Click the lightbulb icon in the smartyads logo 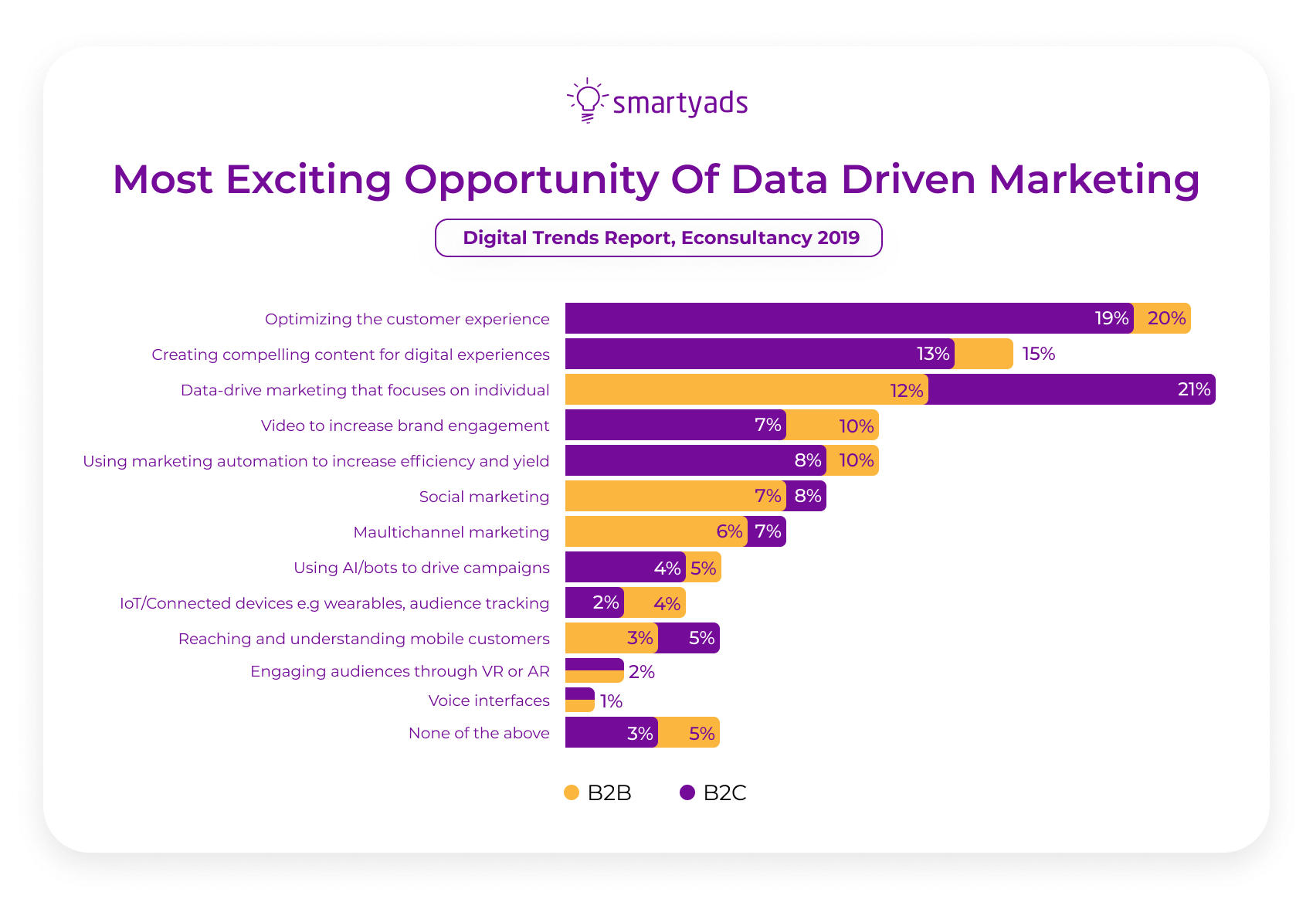coord(588,100)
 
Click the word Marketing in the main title coord(1094,179)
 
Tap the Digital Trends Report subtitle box coord(659,238)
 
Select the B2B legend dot coord(572,792)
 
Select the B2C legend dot coord(687,792)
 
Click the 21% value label coord(1193,389)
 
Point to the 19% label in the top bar coord(1111,318)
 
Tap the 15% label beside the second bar coord(1038,354)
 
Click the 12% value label coord(906,390)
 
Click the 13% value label coord(932,354)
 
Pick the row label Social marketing coord(483,497)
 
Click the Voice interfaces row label coord(489,701)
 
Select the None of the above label coord(479,733)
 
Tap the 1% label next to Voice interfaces coord(611,701)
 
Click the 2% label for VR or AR coord(641,672)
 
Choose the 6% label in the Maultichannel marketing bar coord(728,531)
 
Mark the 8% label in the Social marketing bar coord(807,496)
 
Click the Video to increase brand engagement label coord(405,426)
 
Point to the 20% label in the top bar coord(1165,318)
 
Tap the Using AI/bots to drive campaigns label coord(421,568)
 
